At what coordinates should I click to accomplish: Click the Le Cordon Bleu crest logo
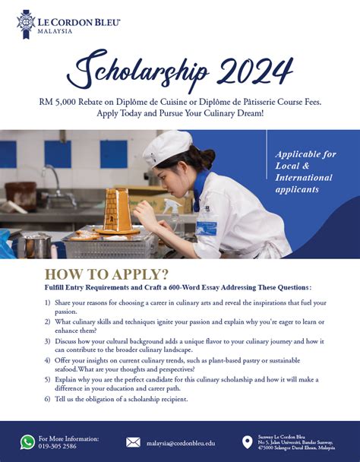tap(26, 24)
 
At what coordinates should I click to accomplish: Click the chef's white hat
tap(168, 144)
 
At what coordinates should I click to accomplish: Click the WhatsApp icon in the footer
tap(28, 442)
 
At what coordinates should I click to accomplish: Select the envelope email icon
tap(133, 442)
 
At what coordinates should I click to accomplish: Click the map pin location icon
tap(247, 442)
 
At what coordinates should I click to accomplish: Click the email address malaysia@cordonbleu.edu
tap(181, 442)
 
